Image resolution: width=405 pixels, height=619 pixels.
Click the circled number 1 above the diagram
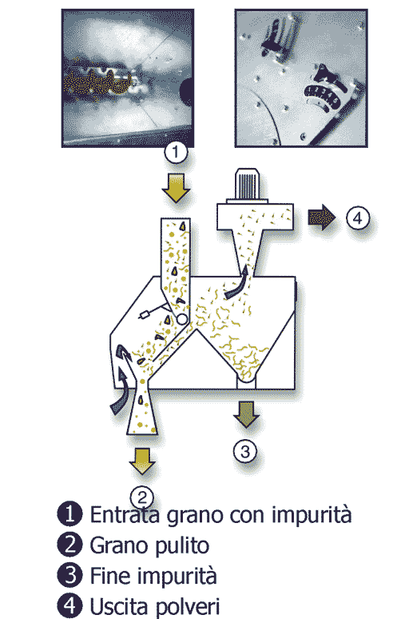176,152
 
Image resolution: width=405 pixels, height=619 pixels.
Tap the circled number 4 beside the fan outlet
358,218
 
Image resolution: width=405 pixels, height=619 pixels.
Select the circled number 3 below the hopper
245,451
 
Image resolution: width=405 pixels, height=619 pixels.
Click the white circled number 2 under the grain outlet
142,497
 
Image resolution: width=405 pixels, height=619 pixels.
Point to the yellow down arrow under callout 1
176,188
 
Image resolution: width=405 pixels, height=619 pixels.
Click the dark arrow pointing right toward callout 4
321,217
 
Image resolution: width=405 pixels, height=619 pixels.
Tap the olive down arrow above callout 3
246,414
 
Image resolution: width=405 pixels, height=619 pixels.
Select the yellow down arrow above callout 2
142,461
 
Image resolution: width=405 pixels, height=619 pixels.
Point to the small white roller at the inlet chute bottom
181,319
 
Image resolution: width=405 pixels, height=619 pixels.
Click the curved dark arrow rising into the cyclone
238,283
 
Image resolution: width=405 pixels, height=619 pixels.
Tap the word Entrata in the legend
125,514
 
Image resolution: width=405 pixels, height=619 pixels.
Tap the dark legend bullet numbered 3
69,575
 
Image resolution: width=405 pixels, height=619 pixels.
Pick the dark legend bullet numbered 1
69,514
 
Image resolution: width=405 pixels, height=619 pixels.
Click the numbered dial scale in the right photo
322,94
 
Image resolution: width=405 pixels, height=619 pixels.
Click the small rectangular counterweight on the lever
145,314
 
